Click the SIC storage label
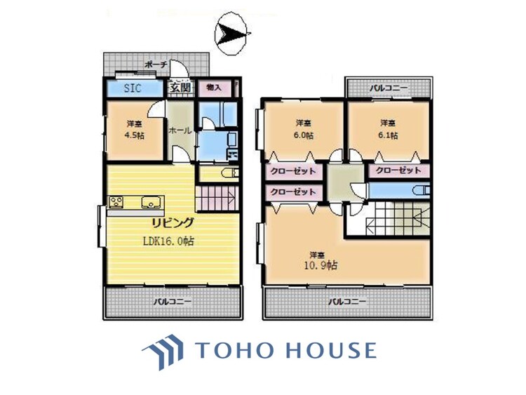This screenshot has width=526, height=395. [132, 88]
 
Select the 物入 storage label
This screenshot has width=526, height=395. [214, 88]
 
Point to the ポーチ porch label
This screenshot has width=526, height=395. [155, 65]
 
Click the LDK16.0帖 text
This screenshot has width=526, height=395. [170, 240]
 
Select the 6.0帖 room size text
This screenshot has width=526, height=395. [302, 135]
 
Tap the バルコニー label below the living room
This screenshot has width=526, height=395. [172, 302]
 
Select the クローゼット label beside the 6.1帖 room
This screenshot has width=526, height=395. [398, 170]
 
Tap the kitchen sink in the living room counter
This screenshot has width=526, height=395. [150, 203]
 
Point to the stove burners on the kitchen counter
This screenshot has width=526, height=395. [116, 203]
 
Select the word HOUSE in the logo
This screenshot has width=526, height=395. [333, 350]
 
